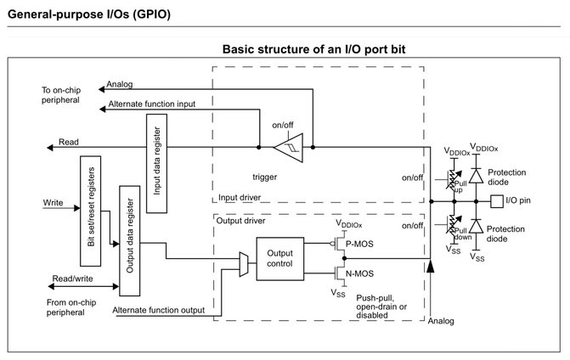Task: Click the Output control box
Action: pyautogui.click(x=280, y=259)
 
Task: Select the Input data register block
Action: pyautogui.click(x=156, y=164)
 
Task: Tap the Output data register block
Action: pyautogui.click(x=130, y=241)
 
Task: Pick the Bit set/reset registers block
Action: pyautogui.click(x=91, y=211)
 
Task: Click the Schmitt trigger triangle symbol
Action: pyautogui.click(x=289, y=148)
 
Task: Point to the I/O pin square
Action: pyautogui.click(x=497, y=201)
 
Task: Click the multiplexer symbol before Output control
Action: pyautogui.click(x=244, y=264)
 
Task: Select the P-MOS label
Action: pyautogui.click(x=359, y=244)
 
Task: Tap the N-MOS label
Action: pyautogui.click(x=359, y=273)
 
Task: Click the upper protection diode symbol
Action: pyautogui.click(x=476, y=176)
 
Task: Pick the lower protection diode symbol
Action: pyautogui.click(x=476, y=226)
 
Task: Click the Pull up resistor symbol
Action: pyautogui.click(x=454, y=180)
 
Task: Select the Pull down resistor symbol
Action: pyautogui.click(x=454, y=226)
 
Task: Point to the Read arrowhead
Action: pyautogui.click(x=50, y=148)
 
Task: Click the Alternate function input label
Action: pyautogui.click(x=151, y=104)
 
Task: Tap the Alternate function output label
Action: pyautogui.click(x=159, y=310)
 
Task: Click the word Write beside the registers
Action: pyautogui.click(x=53, y=203)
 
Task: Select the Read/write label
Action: pyautogui.click(x=73, y=278)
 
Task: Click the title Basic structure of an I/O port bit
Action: pyautogui.click(x=313, y=49)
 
